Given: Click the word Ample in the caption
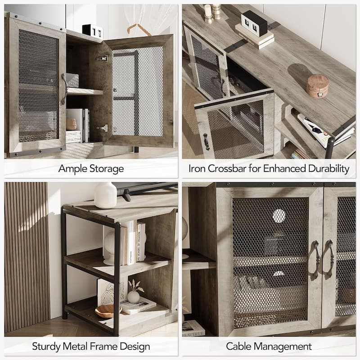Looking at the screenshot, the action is pos(73,169).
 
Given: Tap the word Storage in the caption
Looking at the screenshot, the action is pos(107,169).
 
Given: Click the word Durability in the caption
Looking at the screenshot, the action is pos(328,169).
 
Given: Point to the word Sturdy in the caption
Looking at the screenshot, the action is pos(46,346).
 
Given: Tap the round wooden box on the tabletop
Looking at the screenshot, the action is pos(317,85).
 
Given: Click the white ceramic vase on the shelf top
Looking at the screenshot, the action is pos(105,195).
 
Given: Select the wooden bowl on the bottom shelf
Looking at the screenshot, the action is pos(108,311).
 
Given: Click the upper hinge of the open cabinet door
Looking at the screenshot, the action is pos(102,58).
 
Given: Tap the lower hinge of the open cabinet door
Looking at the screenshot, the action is pos(103,128).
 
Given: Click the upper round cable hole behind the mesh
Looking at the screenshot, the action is pos(279,216).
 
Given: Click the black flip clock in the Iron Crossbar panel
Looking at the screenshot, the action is pos(254,23).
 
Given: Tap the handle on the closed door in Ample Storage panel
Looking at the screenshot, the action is pos(64,89).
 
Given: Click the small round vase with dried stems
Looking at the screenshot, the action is pos(133,297).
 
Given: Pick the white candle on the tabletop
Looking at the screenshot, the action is pos(208,11).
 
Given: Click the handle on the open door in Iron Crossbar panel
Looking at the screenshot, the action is pos(207,142).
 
